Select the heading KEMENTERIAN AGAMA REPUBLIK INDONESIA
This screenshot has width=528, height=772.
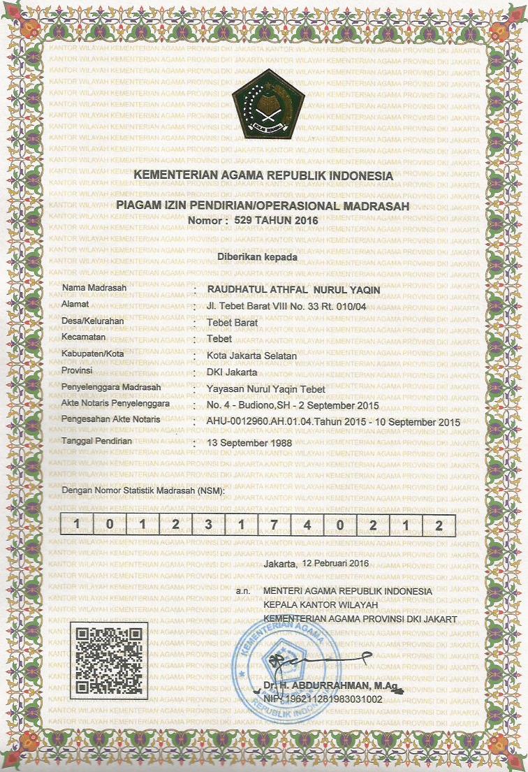click(263, 176)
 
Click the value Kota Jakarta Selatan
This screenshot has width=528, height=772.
click(252, 356)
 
